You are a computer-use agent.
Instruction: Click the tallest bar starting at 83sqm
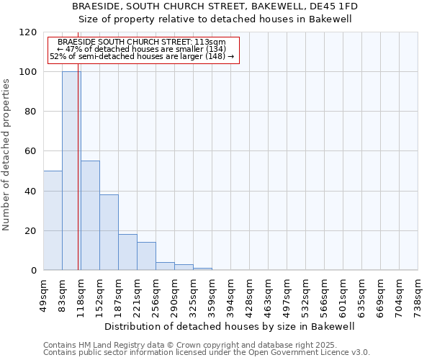(x=71, y=171)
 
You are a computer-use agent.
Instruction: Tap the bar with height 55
(x=90, y=215)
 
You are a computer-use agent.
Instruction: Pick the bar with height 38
(x=109, y=233)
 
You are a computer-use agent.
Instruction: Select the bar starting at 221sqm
(x=146, y=256)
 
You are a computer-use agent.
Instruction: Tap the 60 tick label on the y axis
(x=31, y=152)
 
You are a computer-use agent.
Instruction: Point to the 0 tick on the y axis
(x=34, y=271)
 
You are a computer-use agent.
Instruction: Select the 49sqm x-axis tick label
(x=44, y=294)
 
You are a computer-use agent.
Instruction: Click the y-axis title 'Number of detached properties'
(x=7, y=156)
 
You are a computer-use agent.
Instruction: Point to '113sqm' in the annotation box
(x=211, y=42)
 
